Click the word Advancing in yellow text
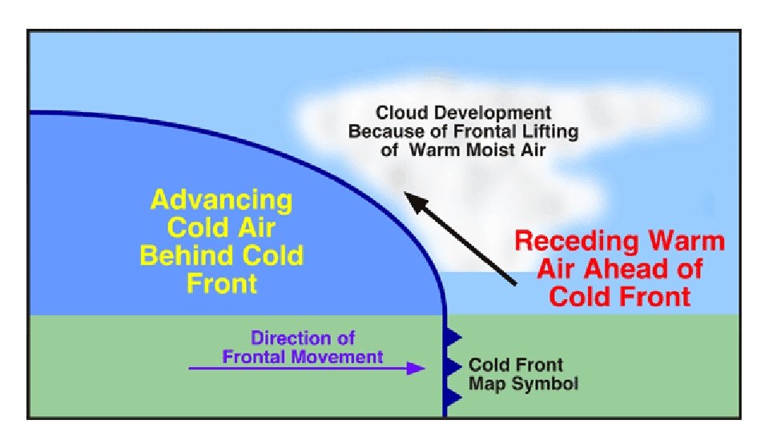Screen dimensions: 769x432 pos(221,200)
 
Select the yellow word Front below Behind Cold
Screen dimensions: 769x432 pos(222,283)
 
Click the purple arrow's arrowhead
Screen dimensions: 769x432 pos(415,368)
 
